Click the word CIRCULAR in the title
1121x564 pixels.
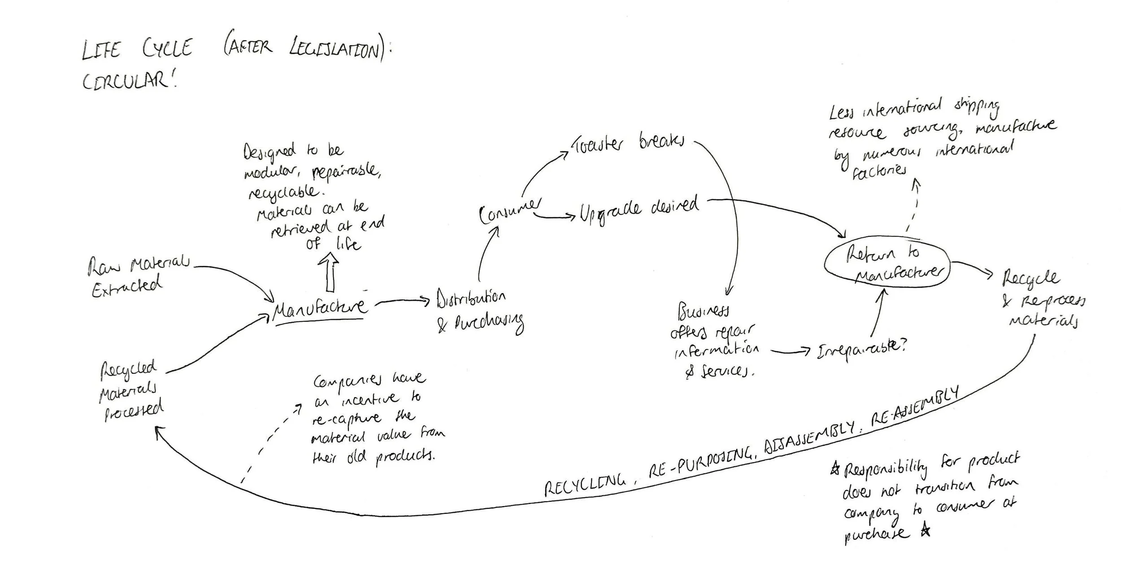[128, 81]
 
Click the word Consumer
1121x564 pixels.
[509, 211]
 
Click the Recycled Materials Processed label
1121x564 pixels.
[130, 390]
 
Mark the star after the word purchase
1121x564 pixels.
[925, 531]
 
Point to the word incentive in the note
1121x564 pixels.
[369, 399]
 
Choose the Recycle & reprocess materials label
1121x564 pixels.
[1043, 298]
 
